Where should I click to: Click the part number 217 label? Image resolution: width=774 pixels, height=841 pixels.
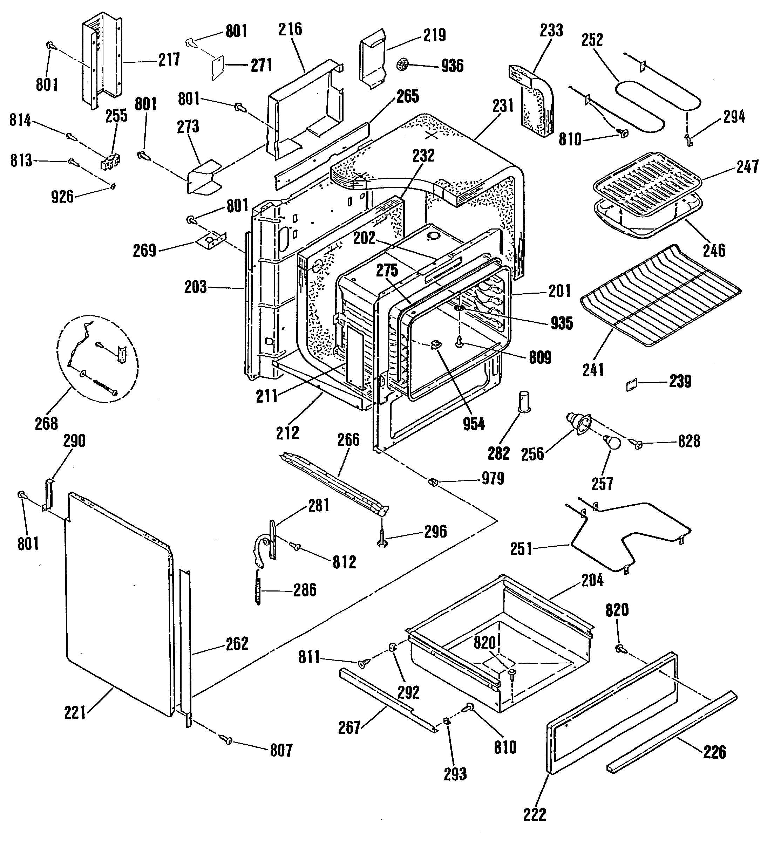pos(169,60)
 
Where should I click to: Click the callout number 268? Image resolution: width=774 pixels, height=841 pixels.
pos(47,424)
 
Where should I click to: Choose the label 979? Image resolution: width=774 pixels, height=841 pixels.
pos(493,478)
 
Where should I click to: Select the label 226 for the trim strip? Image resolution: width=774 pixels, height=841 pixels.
pos(714,752)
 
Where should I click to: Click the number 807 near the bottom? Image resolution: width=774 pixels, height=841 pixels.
pos(281,751)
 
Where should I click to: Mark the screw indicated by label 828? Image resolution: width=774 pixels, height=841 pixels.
pos(638,444)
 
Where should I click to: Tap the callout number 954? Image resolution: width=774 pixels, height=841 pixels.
pos(474,424)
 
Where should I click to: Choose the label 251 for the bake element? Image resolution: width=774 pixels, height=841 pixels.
pos(521,548)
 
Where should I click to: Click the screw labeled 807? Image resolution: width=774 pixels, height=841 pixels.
pos(228,740)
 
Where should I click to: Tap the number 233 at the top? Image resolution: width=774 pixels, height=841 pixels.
pos(551,30)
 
